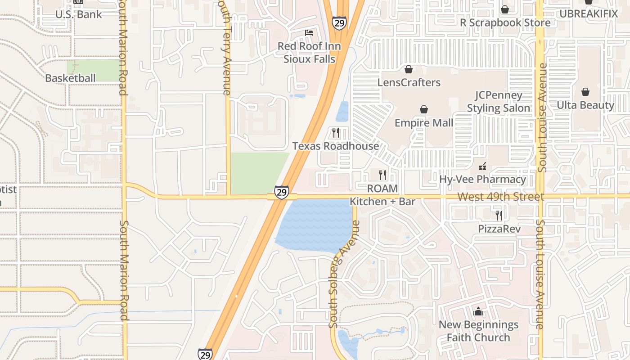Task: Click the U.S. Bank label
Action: coord(79,14)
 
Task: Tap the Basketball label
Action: coord(70,78)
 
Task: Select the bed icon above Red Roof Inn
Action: coord(309,33)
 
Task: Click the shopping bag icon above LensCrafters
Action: coord(409,69)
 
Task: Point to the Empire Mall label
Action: coord(424,123)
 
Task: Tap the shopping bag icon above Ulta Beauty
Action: coord(585,92)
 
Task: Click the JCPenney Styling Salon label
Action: coord(499,102)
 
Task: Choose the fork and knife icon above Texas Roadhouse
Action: coord(336,132)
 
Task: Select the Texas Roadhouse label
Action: coord(336,146)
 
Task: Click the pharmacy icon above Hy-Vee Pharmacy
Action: coord(482,166)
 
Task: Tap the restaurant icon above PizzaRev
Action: coord(499,216)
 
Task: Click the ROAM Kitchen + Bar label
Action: coord(382,195)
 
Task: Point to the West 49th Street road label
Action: coord(500,197)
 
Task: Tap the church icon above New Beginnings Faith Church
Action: coord(478,311)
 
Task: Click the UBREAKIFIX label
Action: coord(589,13)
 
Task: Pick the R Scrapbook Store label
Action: coord(505,22)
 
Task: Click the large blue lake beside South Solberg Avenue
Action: coord(315,225)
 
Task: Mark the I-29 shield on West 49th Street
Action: coord(282,192)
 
